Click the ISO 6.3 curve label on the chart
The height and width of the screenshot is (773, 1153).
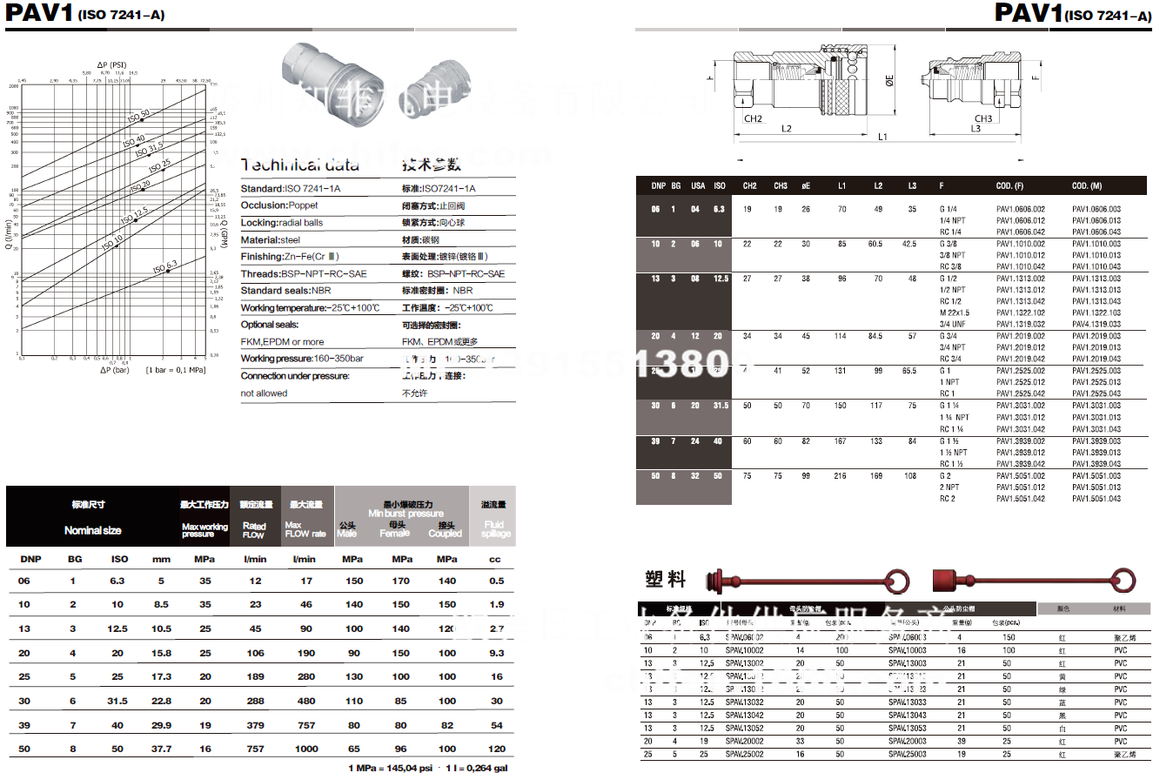tap(164, 265)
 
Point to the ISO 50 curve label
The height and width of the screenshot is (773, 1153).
tap(138, 115)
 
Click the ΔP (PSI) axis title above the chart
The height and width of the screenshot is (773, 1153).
tap(112, 64)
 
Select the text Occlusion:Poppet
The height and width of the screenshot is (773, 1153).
tap(279, 205)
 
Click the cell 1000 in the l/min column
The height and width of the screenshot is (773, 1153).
tap(306, 748)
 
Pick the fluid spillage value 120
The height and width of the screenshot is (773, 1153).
tap(496, 748)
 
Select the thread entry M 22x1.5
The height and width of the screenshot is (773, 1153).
tap(955, 313)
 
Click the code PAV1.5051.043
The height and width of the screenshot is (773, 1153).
tap(1096, 499)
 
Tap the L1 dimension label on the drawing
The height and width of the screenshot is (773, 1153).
tap(882, 138)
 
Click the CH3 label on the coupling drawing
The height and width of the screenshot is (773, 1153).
tap(982, 118)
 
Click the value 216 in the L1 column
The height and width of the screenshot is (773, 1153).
tap(840, 476)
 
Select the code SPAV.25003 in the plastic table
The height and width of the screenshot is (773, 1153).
tap(907, 754)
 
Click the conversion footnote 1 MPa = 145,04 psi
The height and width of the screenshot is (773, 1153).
tap(391, 767)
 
